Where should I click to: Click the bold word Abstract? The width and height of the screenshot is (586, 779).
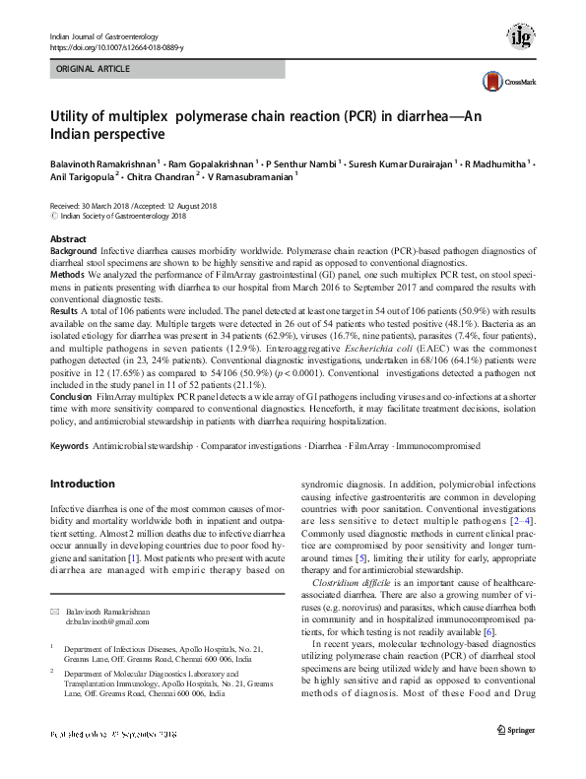[x=67, y=240]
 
